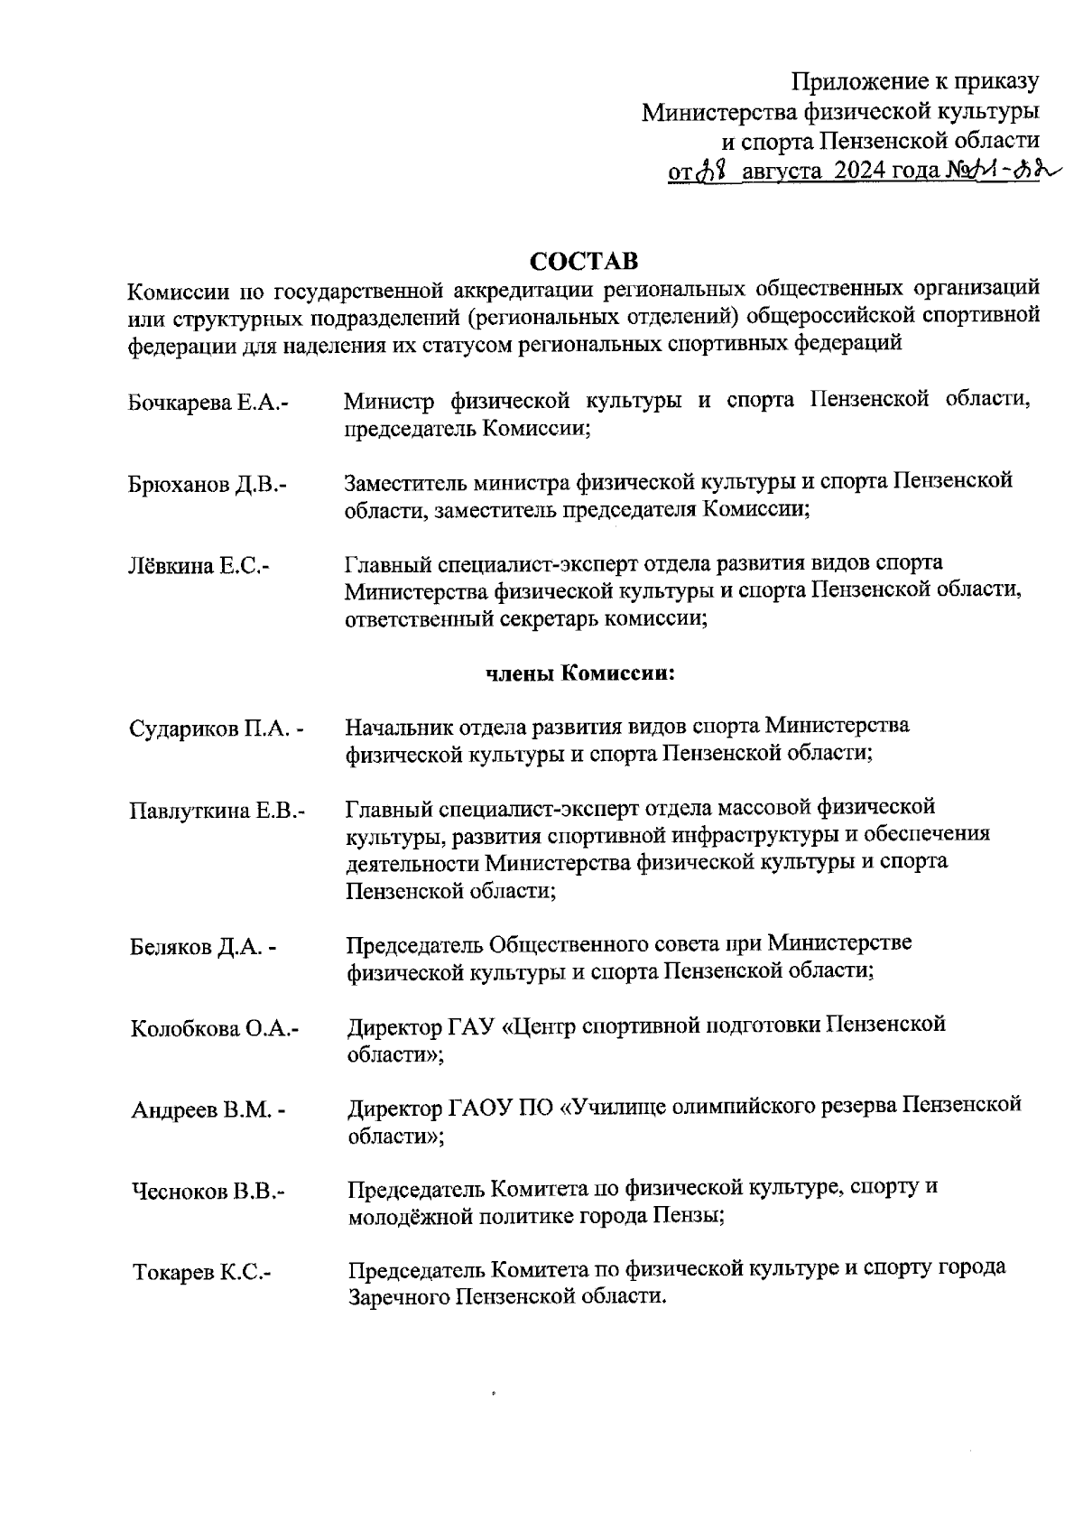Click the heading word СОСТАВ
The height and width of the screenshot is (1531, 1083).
click(583, 262)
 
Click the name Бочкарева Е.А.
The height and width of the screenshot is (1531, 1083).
click(208, 403)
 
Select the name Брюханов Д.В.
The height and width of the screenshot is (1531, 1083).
click(207, 485)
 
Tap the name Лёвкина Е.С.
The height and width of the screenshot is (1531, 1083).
click(199, 567)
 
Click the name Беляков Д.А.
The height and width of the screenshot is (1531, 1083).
click(203, 948)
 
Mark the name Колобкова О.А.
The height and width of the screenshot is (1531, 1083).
click(215, 1029)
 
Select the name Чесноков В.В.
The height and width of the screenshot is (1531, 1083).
click(208, 1192)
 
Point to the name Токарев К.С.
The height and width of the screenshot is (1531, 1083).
click(202, 1274)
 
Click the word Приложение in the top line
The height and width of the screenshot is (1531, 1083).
click(852, 82)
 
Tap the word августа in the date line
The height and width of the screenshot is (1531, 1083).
click(781, 170)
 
